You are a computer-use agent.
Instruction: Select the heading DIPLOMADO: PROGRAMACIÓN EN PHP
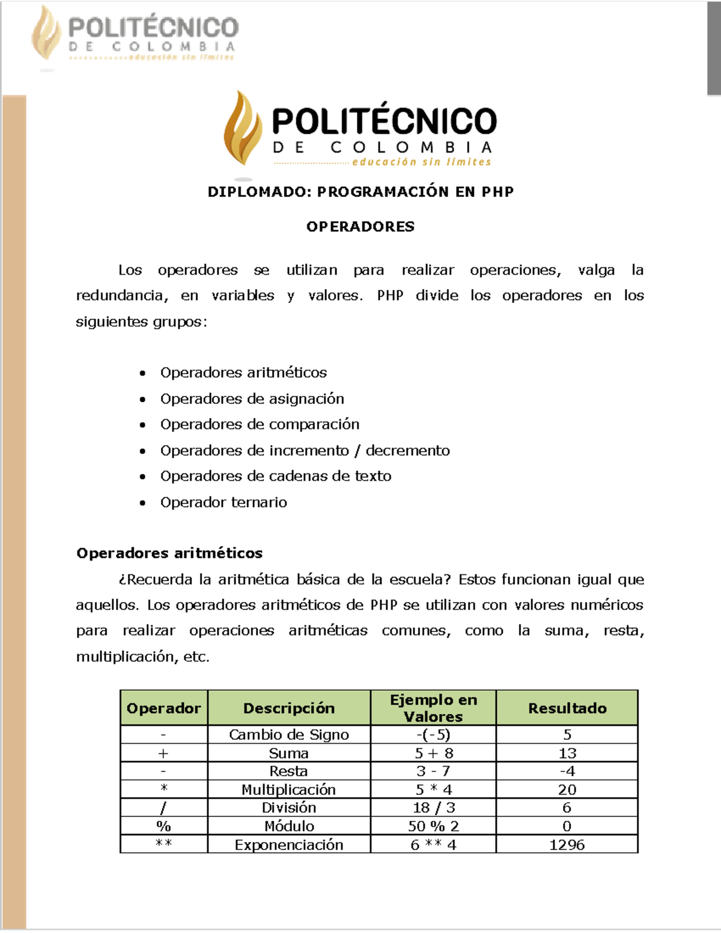[360, 192]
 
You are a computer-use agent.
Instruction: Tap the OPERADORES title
[360, 226]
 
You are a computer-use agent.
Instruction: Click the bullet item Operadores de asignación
[252, 399]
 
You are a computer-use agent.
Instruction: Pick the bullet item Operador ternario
[224, 502]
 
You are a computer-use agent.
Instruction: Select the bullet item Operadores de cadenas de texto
[275, 476]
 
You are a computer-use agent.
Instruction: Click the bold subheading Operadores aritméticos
[169, 553]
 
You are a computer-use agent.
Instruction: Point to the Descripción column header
[289, 708]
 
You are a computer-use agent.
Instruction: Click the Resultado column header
[567, 708]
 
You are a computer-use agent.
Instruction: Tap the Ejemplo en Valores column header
[433, 708]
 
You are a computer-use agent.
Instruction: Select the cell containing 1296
[567, 845]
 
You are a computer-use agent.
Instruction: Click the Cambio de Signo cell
[289, 735]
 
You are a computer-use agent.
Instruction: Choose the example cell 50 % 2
[433, 826]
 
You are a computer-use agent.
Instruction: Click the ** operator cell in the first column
[163, 844]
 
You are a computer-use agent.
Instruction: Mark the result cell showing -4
[567, 771]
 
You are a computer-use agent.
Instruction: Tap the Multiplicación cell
[289, 789]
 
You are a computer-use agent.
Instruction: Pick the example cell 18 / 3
[433, 808]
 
